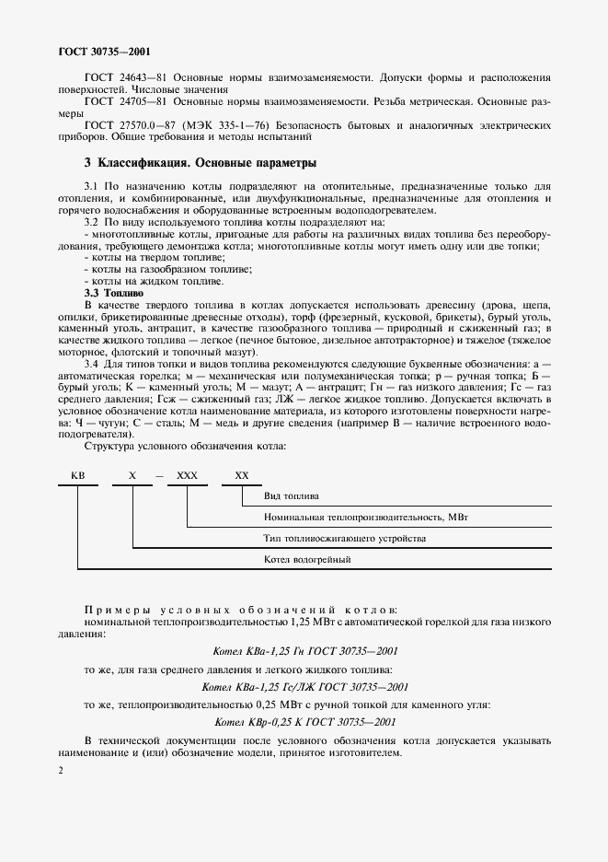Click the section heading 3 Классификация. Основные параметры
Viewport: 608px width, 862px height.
(200, 163)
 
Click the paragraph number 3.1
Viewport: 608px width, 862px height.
(91, 186)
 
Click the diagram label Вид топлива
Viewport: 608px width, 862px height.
(288, 495)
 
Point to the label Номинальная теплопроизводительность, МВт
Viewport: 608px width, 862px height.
(366, 517)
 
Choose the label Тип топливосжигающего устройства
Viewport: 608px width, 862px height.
(345, 538)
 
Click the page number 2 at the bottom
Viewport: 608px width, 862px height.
(60, 770)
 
